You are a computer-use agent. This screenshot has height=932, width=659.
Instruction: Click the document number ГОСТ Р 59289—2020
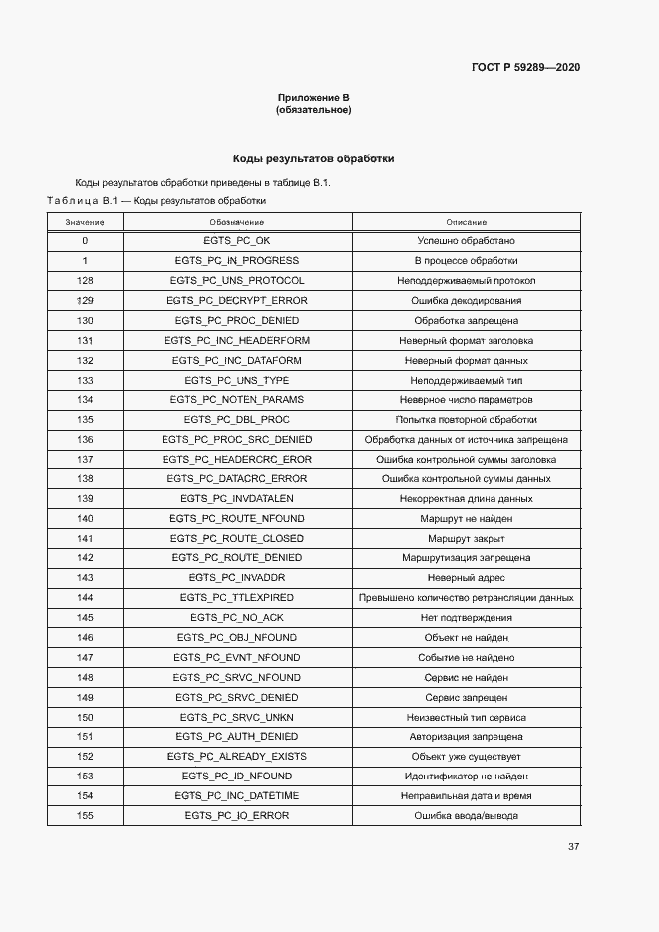tap(524, 67)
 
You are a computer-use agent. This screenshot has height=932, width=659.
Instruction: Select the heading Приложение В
tap(313, 98)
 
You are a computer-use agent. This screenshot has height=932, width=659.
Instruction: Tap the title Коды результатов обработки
tap(313, 158)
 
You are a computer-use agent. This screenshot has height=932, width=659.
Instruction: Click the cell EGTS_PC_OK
tap(237, 241)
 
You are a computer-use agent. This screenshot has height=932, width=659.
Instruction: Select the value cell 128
tap(85, 281)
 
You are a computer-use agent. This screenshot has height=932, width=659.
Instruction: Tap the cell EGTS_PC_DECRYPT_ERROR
tap(237, 301)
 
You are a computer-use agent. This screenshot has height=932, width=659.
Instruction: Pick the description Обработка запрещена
tap(466, 321)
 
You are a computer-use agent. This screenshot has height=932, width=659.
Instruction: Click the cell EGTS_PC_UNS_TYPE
tap(237, 381)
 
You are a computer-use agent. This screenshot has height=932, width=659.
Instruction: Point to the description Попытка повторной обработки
tap(466, 420)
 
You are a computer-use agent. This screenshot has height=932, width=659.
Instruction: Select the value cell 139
tap(85, 499)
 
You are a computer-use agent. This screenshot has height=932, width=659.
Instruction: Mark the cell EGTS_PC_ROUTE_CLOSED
tap(237, 538)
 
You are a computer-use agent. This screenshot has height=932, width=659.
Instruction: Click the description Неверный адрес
tap(466, 578)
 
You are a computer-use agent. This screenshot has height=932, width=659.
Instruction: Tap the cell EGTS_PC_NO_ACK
tap(237, 618)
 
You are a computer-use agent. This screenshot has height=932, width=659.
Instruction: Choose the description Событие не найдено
tap(466, 658)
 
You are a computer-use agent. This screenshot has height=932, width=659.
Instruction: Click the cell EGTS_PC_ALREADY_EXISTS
tap(237, 757)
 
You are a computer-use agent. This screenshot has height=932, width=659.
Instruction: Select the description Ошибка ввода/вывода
tap(466, 816)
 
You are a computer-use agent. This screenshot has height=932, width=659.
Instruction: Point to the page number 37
tap(573, 847)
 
